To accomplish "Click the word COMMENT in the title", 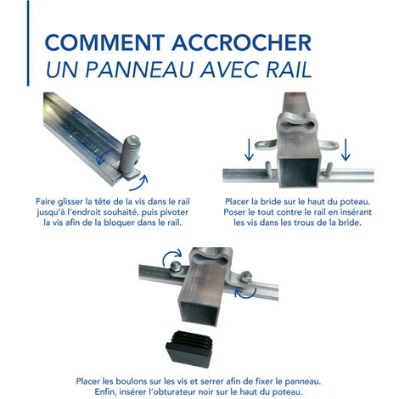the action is click(104, 42).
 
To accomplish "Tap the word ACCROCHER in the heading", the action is click(242, 42).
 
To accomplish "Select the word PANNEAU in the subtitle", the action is click(139, 70).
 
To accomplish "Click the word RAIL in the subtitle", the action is click(289, 70).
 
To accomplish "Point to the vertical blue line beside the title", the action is click(28, 42).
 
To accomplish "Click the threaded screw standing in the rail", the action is click(129, 157).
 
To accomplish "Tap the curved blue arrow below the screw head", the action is click(139, 183).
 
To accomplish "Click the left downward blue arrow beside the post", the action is click(249, 150).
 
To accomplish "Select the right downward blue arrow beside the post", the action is click(346, 150).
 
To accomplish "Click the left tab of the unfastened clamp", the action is click(266, 144).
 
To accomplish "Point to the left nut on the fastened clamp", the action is click(176, 266).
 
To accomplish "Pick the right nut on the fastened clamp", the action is click(246, 277).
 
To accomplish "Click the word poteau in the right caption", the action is click(355, 202).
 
